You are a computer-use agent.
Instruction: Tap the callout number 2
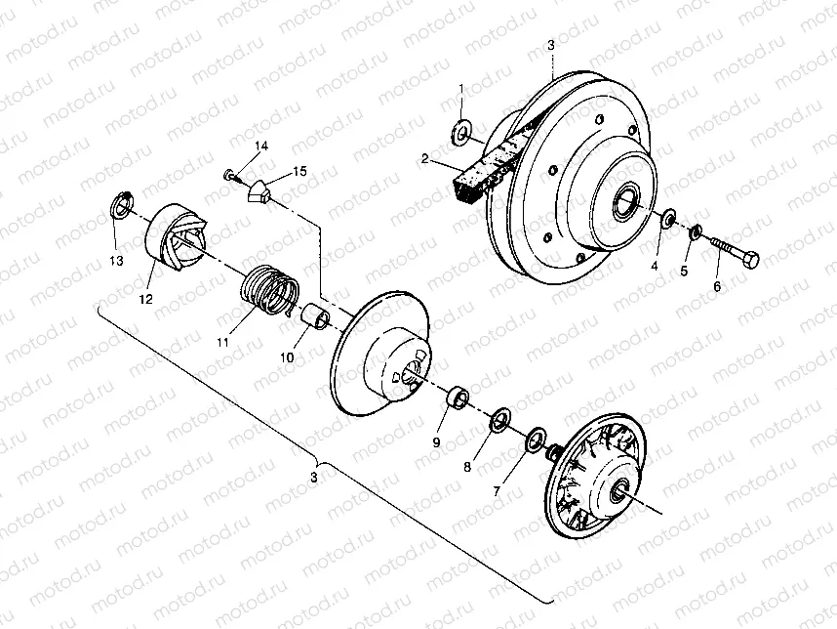(x=425, y=158)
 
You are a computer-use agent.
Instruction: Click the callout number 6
(x=718, y=286)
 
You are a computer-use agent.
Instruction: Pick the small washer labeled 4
(x=669, y=219)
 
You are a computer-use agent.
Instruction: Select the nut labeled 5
(x=695, y=233)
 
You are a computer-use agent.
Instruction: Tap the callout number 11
(x=223, y=342)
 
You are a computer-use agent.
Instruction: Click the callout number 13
(x=116, y=261)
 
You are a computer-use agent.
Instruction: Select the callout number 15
(x=299, y=171)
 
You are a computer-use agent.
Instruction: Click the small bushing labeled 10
(x=315, y=318)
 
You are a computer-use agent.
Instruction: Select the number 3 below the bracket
(x=314, y=478)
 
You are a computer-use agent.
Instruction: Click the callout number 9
(x=437, y=442)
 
